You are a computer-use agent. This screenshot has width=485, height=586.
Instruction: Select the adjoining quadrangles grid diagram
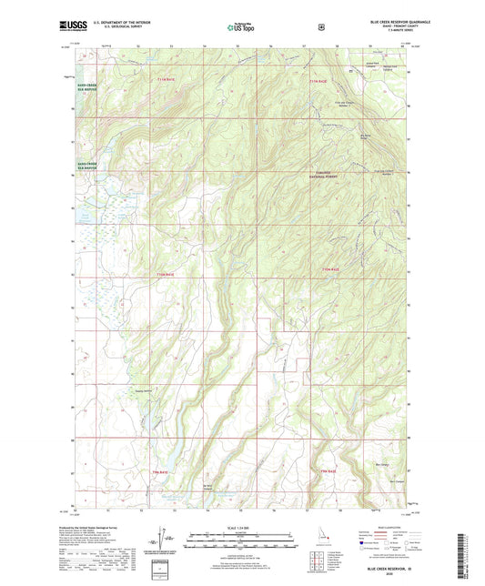[317, 561]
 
